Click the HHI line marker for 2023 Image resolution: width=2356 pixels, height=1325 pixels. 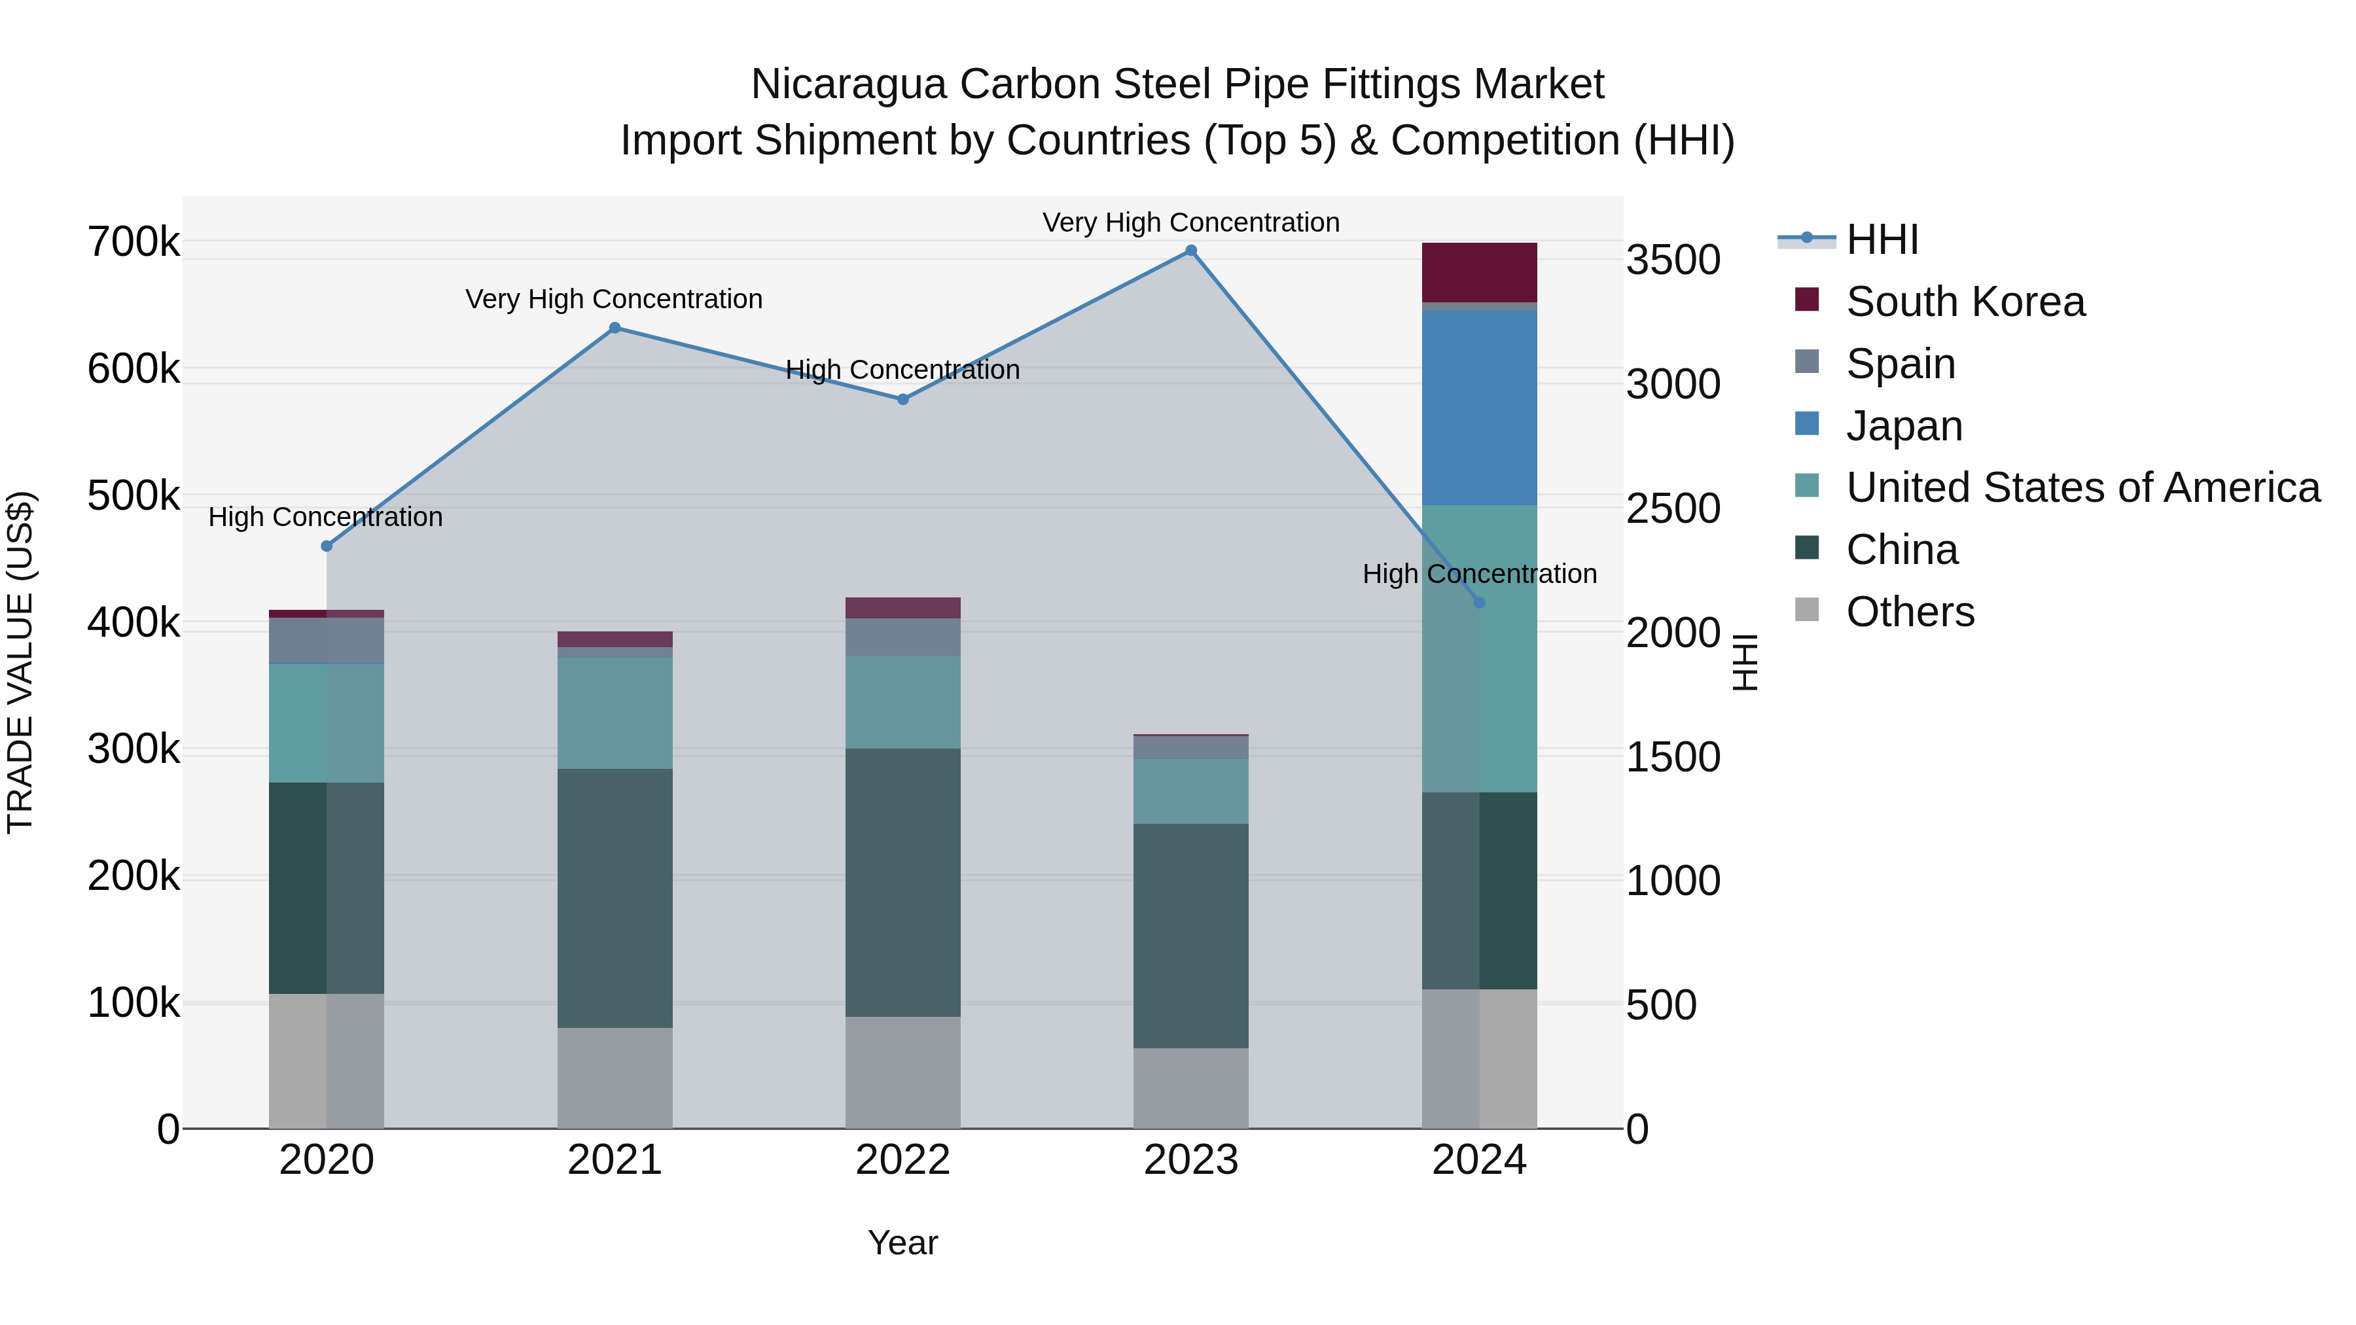(x=1191, y=251)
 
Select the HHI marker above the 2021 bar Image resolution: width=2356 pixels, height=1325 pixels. (x=615, y=327)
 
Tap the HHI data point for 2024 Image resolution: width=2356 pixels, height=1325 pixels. (x=1479, y=603)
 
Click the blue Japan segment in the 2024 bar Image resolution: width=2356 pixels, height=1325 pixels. (x=1479, y=407)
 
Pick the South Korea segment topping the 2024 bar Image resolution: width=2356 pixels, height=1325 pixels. (x=1479, y=272)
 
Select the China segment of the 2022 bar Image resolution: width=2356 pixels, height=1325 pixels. (x=902, y=883)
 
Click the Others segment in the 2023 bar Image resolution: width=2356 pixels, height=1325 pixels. (x=1191, y=1087)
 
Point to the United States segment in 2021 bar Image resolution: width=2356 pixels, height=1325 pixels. (x=615, y=713)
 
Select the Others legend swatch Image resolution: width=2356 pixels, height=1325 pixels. (x=1806, y=610)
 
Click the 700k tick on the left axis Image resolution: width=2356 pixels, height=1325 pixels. (x=134, y=242)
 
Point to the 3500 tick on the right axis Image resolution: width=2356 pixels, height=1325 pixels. (x=1673, y=260)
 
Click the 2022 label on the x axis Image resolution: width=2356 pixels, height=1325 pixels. (x=902, y=1160)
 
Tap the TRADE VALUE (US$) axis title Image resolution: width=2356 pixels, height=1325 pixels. (x=20, y=662)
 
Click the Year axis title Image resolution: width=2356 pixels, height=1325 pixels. (x=902, y=1243)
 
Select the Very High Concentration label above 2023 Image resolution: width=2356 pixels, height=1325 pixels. (x=1191, y=222)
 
